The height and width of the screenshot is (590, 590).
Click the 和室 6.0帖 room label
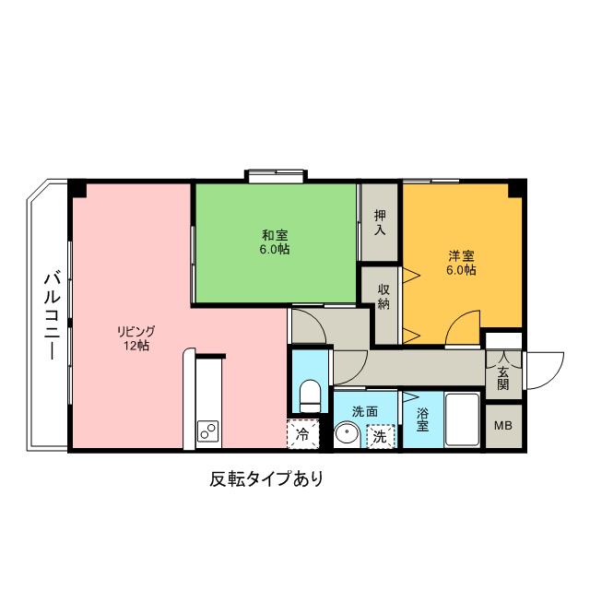(x=274, y=242)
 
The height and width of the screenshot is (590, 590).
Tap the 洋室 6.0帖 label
(x=461, y=263)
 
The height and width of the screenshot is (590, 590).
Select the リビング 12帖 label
(x=136, y=338)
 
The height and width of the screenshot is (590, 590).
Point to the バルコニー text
(x=52, y=314)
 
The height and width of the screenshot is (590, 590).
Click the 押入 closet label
(x=379, y=221)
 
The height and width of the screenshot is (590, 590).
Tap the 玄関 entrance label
(x=503, y=377)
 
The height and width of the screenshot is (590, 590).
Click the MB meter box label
(x=503, y=426)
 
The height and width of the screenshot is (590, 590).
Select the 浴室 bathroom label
(x=422, y=419)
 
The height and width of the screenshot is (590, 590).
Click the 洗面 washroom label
(x=364, y=411)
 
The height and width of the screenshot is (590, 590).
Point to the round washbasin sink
(x=347, y=435)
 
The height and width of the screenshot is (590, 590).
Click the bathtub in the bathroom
(x=461, y=419)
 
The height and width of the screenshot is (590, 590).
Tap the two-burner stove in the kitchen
(x=207, y=431)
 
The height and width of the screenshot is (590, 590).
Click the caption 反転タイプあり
(x=266, y=479)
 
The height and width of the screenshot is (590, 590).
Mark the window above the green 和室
(x=275, y=175)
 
